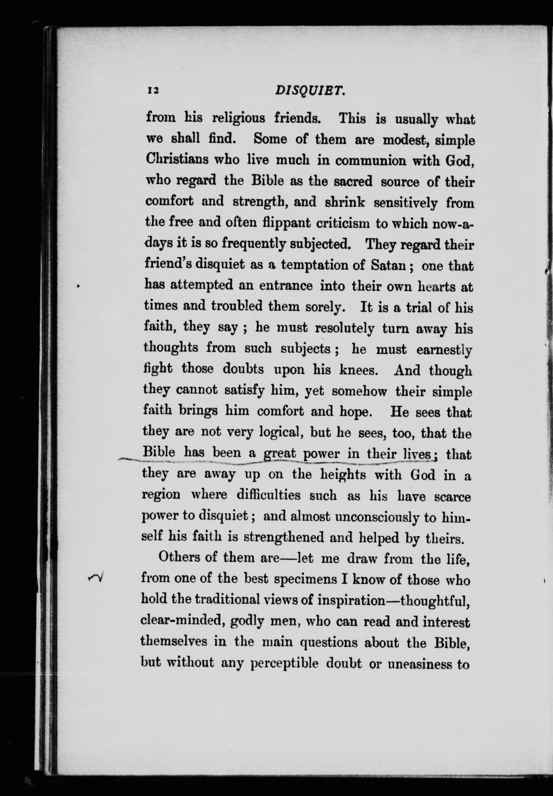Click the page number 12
pos(153,91)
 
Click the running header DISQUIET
pos(309,91)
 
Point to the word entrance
pos(286,286)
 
